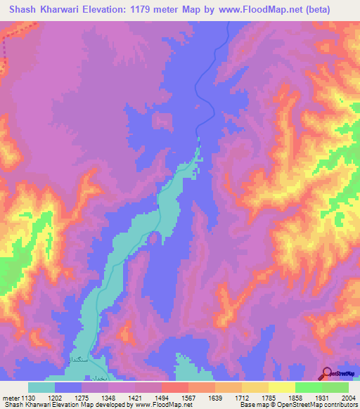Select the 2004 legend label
[x=346, y=398]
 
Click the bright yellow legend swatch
[x=281, y=387]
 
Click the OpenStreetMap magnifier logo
[x=328, y=372]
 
